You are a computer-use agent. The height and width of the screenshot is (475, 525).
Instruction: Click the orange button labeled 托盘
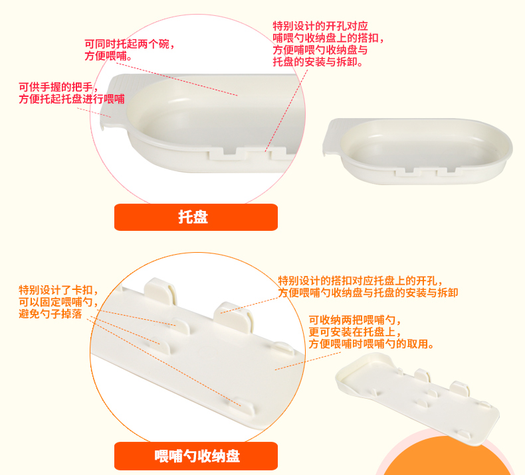(x=196, y=217)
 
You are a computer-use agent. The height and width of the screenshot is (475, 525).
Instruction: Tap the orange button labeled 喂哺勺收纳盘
(x=196, y=456)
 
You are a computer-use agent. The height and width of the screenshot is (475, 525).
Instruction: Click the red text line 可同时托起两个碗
(x=129, y=44)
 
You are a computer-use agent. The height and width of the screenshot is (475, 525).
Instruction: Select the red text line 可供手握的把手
(x=58, y=87)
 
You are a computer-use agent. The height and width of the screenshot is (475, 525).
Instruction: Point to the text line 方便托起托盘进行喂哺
(x=72, y=99)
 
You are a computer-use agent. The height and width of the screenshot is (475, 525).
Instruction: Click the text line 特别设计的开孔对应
(x=320, y=26)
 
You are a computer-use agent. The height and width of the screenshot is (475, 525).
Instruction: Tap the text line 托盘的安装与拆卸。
(x=318, y=62)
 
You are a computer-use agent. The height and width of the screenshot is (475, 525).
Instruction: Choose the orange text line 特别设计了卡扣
(x=58, y=290)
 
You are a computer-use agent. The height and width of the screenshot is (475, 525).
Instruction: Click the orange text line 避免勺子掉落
(x=51, y=314)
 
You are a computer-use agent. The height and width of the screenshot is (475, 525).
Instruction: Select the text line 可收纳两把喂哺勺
(x=355, y=320)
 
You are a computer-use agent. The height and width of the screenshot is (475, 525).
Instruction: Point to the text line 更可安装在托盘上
(x=355, y=332)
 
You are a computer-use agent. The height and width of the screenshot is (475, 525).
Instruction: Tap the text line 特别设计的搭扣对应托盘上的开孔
(x=360, y=281)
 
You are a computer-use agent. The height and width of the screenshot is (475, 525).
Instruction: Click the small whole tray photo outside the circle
(x=417, y=151)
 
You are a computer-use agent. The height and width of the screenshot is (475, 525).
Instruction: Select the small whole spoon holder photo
(x=417, y=399)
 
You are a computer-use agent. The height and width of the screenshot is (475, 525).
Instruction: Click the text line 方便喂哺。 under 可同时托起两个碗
(x=108, y=56)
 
